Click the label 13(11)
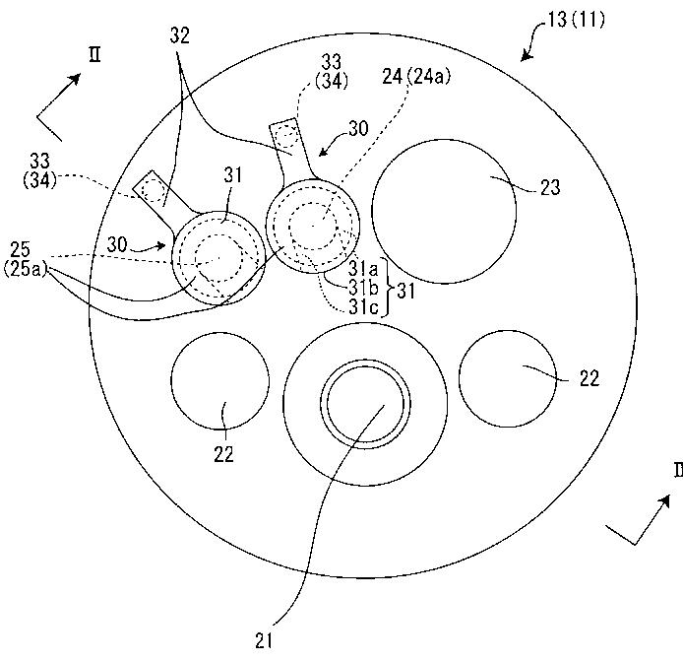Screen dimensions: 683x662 [x=576, y=20]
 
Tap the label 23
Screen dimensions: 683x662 [x=550, y=187]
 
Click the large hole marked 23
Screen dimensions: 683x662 [x=444, y=212]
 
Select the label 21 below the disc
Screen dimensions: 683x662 [x=264, y=641]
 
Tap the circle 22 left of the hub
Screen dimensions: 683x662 [x=220, y=381]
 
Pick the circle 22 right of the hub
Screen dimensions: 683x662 [x=508, y=378]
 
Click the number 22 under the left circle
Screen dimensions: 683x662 [x=223, y=454]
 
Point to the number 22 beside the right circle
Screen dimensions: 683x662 [x=590, y=378]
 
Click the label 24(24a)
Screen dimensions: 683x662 [x=416, y=77]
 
